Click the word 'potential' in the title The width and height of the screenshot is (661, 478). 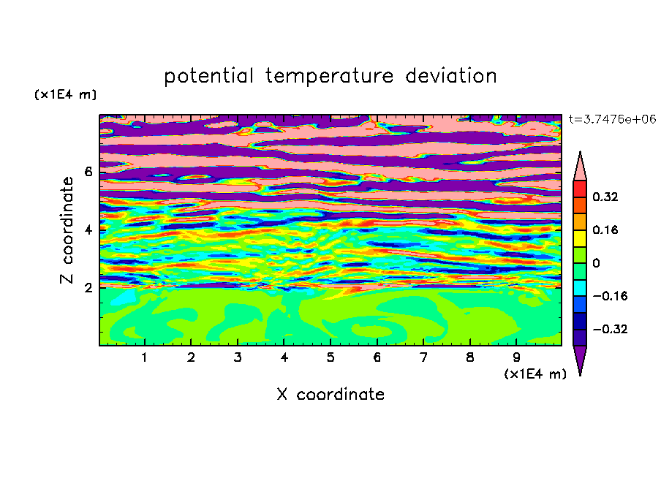pos(208,77)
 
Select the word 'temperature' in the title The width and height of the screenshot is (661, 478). pos(330,76)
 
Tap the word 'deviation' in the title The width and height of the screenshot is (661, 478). pos(450,76)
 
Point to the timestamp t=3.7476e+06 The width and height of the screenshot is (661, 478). pos(612,119)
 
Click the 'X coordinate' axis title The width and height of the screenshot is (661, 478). pos(330,394)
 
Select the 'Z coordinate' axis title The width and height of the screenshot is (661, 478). pos(67,230)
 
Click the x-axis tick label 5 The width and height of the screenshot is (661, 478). pos(330,357)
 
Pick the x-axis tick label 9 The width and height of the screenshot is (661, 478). pos(516,357)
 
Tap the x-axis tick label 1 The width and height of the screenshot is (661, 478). pos(145,357)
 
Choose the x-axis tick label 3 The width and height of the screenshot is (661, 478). pos(238,357)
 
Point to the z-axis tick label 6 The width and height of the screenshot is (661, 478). pos(88,172)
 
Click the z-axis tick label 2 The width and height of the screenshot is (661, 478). pos(88,288)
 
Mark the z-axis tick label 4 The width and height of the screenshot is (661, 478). pos(88,230)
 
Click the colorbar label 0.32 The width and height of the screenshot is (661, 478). pos(605,197)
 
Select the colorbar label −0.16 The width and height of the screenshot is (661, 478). pos(610,296)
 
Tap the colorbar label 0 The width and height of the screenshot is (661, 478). pos(596,263)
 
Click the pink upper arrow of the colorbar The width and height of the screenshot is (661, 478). pos(580,166)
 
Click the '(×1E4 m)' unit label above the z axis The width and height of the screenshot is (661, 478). pos(65,94)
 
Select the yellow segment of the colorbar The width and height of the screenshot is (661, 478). pos(580,238)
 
